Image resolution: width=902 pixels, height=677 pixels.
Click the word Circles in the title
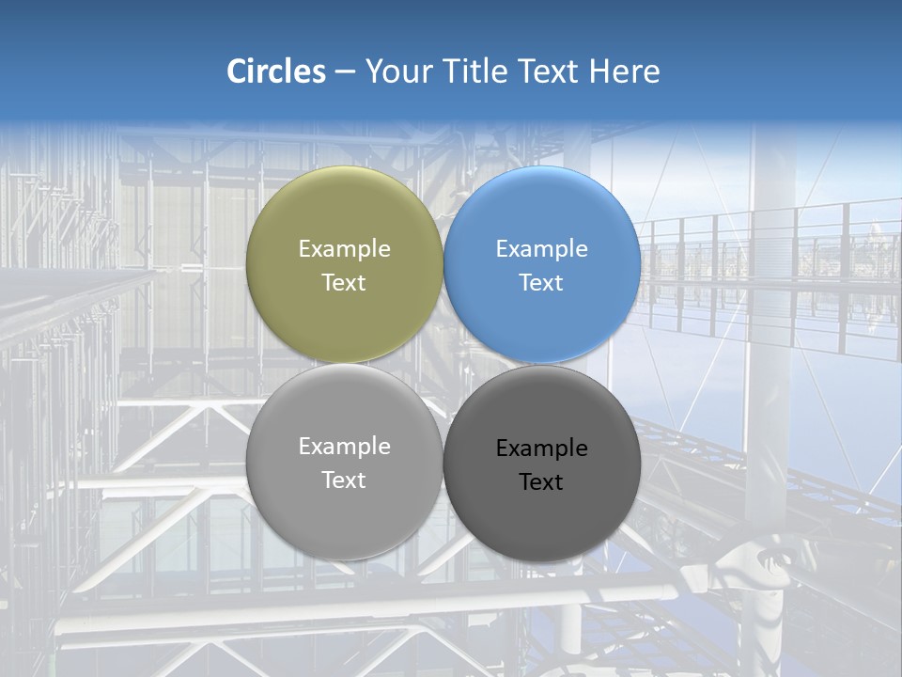coord(276,71)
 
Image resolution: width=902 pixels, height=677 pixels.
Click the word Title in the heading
coord(474,71)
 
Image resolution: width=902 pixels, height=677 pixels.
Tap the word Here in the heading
coord(625,71)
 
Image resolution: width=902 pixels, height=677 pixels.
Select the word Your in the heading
coord(397,71)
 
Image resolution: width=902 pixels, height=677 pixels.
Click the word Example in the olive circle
coord(344,249)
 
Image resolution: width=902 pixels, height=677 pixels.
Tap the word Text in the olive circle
coord(344,283)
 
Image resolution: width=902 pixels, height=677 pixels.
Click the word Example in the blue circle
coord(541,249)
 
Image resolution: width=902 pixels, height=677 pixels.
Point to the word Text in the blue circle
coord(541,283)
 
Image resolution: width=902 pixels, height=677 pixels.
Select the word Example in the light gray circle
coord(344,447)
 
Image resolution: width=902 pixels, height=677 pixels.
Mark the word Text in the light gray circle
coord(344,480)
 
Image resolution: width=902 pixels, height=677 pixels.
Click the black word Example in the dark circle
coord(541,449)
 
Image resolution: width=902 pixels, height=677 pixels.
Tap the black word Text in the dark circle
coord(541,482)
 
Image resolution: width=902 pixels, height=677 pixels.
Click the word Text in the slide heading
coord(549,71)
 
